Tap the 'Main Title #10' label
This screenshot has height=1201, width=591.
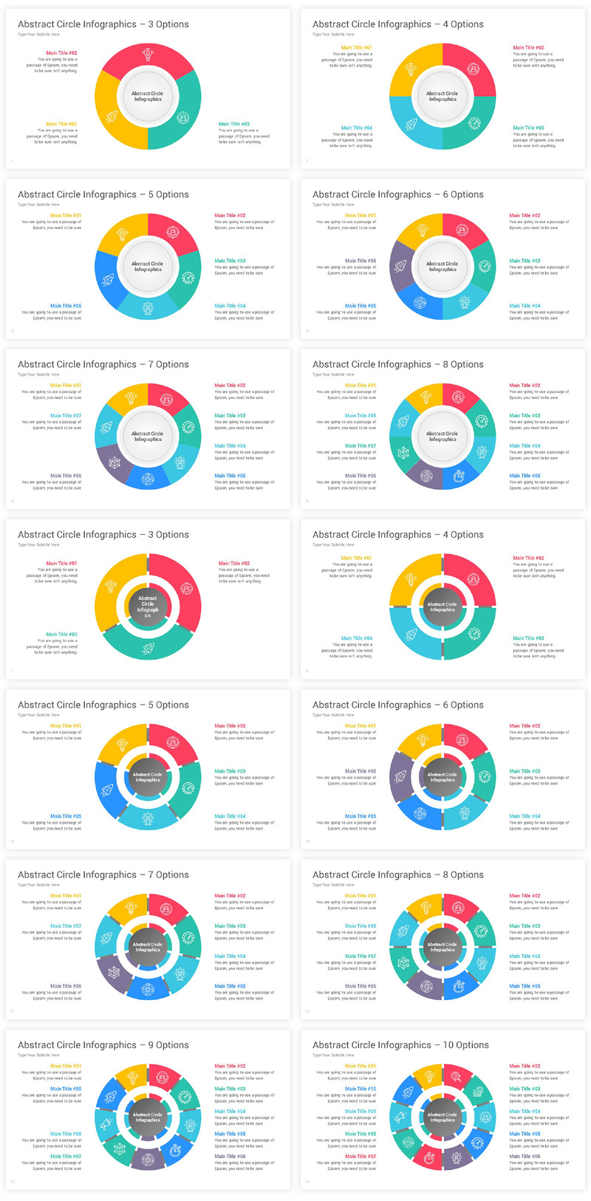point(361,1089)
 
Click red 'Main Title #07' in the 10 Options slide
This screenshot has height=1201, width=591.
point(361,1156)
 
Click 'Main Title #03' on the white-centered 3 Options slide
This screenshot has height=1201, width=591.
point(234,124)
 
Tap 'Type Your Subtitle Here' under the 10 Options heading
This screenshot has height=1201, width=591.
point(333,1055)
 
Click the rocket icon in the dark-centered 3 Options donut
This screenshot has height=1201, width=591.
point(148,648)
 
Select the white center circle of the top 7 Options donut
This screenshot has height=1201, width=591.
point(148,437)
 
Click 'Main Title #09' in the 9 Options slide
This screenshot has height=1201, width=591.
point(66,1089)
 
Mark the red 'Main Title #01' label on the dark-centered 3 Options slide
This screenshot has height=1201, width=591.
point(61,563)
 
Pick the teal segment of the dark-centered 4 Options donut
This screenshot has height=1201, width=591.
point(474,632)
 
